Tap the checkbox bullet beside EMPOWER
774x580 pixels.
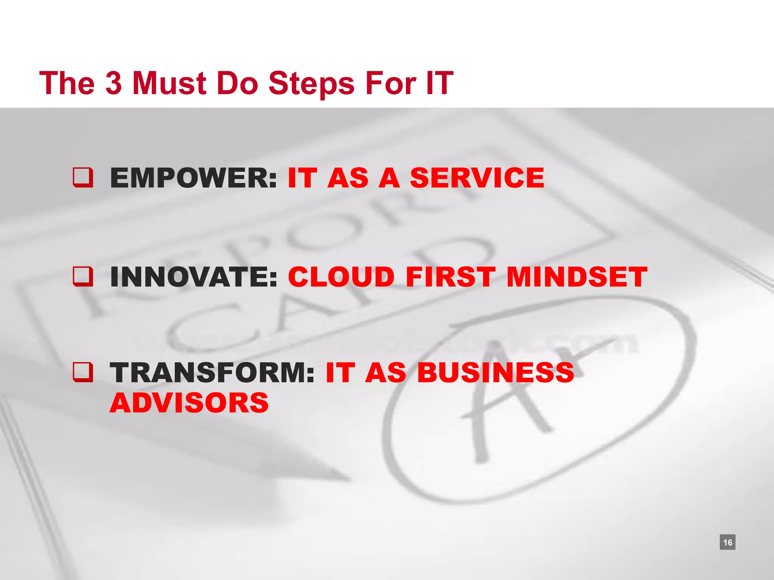coord(83,177)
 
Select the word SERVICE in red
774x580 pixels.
coord(477,178)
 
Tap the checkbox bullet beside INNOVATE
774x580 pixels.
coord(83,276)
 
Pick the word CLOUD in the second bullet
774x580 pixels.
coord(341,277)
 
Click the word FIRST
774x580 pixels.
coord(450,277)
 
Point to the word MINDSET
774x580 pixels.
coord(577,277)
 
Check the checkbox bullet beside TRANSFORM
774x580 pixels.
coord(83,372)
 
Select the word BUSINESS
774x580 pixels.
coord(495,372)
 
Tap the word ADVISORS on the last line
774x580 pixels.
coord(189,403)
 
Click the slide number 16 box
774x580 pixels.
coord(728,542)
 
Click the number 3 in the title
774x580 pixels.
coord(113,83)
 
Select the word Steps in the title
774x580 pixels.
coord(311,83)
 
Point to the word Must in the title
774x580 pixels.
coord(169,83)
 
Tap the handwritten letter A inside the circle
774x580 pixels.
coord(503,400)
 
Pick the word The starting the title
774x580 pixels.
coord(67,83)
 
